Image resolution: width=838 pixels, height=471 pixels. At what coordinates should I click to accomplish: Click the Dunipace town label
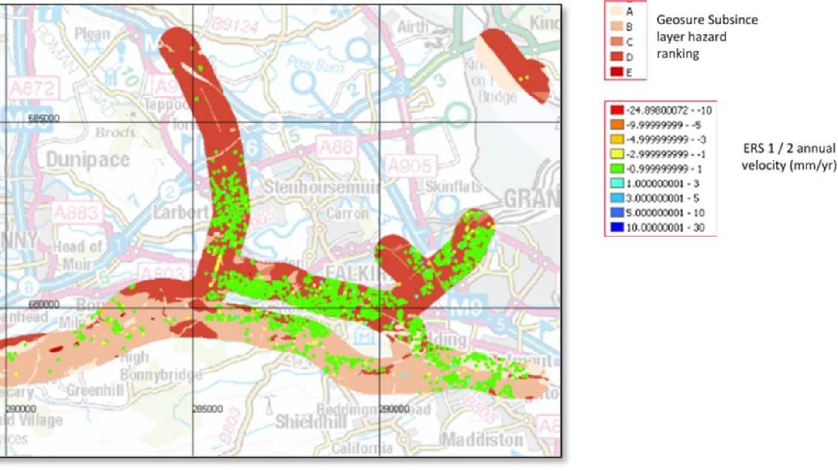[x=88, y=160]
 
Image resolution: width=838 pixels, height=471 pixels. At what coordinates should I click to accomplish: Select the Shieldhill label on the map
[x=311, y=422]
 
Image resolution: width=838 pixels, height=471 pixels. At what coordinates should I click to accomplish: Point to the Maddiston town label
[x=481, y=440]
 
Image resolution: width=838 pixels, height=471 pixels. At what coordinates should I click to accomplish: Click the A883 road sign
[x=76, y=213]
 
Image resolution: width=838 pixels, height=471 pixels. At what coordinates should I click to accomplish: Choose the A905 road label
[x=409, y=166]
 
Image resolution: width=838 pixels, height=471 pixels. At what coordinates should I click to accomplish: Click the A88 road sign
[x=335, y=147]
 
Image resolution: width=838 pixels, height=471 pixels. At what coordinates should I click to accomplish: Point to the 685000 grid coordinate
[x=44, y=119]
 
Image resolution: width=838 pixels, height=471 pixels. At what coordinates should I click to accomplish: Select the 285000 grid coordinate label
[x=208, y=409]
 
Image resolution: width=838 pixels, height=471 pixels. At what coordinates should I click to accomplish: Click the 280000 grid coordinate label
[x=21, y=409]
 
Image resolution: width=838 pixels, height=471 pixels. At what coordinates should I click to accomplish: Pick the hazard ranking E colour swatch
[x=617, y=72]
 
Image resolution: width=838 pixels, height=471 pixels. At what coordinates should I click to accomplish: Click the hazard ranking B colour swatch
[x=617, y=27]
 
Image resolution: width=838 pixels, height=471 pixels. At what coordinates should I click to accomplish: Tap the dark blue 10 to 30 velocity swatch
[x=617, y=227]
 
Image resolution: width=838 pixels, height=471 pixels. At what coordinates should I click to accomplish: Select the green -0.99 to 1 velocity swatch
[x=617, y=169]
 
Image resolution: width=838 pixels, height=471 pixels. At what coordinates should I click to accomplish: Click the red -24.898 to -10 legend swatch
[x=617, y=110]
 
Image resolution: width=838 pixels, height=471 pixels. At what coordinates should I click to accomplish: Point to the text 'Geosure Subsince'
[x=707, y=20]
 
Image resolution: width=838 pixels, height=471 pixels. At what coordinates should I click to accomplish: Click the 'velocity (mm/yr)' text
[x=789, y=166]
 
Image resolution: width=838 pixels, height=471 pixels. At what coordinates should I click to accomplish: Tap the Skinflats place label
[x=453, y=187]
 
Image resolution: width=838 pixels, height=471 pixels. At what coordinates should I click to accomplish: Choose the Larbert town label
[x=180, y=212]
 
